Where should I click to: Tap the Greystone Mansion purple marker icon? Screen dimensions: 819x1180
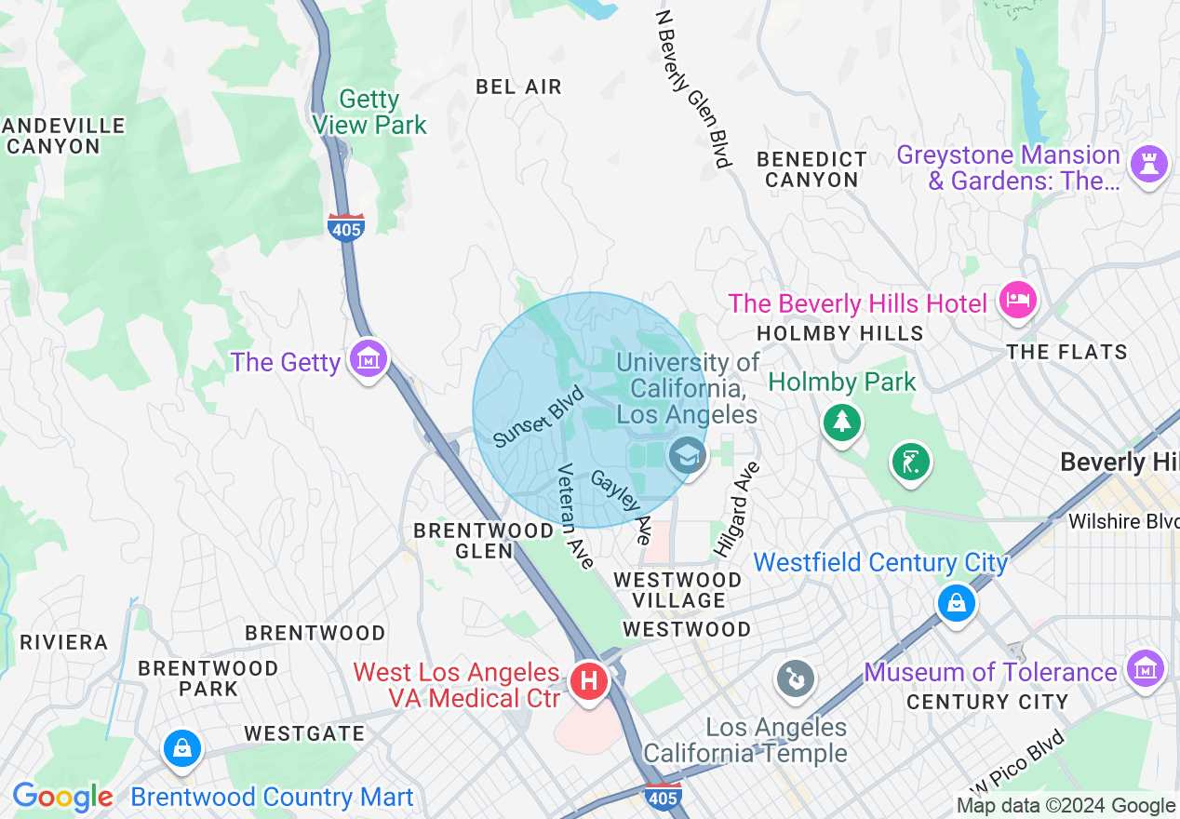pos(1147,166)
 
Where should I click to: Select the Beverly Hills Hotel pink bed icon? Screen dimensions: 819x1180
pos(1017,301)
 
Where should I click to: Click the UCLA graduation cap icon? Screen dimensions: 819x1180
pos(687,456)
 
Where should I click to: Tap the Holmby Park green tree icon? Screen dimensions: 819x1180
pos(841,422)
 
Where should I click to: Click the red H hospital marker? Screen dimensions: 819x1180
pos(588,681)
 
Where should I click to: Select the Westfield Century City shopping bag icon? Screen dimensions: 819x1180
pos(956,603)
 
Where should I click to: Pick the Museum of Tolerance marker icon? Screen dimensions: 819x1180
pos(1145,668)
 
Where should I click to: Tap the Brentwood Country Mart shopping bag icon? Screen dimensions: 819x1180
pos(182,747)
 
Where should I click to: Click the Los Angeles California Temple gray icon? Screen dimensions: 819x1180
pos(795,678)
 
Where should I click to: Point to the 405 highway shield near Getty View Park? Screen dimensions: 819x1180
pos(345,226)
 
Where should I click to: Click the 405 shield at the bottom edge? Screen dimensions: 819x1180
pos(662,795)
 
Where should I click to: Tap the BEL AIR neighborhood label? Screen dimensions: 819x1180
pos(518,87)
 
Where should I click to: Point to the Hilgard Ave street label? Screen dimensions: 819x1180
pos(736,509)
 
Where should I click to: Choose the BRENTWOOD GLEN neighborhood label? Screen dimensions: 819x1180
pos(483,541)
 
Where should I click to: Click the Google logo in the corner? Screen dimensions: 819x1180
pos(63,798)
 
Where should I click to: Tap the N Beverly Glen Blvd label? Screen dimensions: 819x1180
pos(693,89)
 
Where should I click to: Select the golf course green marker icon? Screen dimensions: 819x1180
pos(910,463)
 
